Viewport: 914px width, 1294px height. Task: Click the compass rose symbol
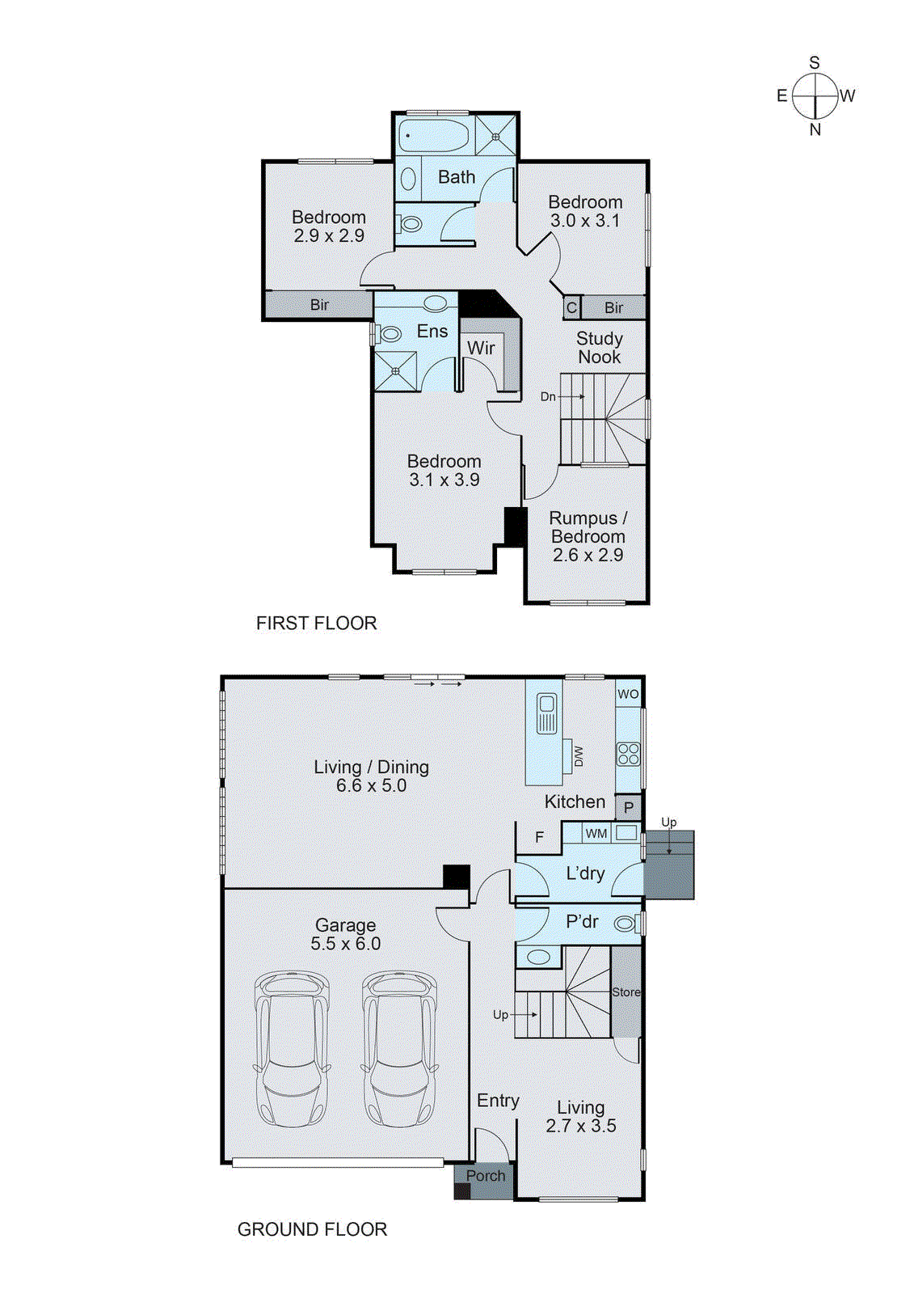[x=815, y=95]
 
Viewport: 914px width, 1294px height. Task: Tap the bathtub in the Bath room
[x=434, y=136]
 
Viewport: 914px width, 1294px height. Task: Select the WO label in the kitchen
[x=628, y=694]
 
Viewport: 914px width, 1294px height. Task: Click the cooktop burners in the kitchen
[x=628, y=754]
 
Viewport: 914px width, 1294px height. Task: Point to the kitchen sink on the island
[x=547, y=713]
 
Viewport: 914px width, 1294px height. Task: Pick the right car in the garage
[x=399, y=1049]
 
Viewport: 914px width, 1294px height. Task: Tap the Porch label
[x=486, y=1175]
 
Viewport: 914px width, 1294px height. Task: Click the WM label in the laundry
[x=596, y=833]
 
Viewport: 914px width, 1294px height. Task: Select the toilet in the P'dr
[x=625, y=923]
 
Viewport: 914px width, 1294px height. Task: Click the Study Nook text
[x=599, y=348]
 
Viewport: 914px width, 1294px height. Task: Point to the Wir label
[x=481, y=348]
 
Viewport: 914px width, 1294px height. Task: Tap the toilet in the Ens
[x=390, y=333]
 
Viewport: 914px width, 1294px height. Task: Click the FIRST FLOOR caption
[x=316, y=623]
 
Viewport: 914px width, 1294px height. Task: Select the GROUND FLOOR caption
[x=312, y=1229]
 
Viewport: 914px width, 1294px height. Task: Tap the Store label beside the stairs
[x=625, y=992]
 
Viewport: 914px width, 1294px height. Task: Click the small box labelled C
[x=571, y=307]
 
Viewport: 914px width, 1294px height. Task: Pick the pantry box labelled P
[x=629, y=807]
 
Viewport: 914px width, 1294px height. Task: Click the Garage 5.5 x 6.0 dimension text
[x=345, y=943]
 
